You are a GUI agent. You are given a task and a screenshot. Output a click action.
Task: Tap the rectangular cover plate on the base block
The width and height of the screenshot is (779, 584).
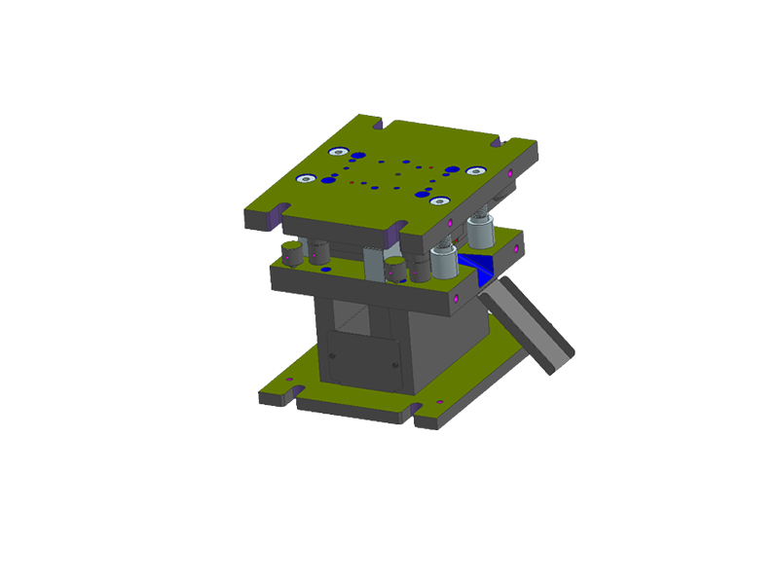pyautogui.click(x=361, y=362)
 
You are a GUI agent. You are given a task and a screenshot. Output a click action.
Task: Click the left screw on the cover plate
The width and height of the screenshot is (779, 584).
pyautogui.click(x=334, y=358)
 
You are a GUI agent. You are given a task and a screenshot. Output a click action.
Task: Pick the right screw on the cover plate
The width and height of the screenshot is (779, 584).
pyautogui.click(x=394, y=365)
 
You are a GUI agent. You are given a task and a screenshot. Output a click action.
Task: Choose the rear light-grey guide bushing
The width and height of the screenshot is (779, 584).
pyautogui.click(x=480, y=233)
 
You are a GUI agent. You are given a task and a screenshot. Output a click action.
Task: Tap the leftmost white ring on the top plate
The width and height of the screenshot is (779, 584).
pyautogui.click(x=308, y=177)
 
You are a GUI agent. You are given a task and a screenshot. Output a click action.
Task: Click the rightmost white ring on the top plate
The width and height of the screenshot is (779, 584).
pyautogui.click(x=475, y=170)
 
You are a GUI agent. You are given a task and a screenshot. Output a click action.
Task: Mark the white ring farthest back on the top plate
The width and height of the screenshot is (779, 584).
pyautogui.click(x=339, y=151)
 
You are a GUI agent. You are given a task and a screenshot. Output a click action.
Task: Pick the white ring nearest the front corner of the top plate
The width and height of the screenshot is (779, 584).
pyautogui.click(x=439, y=201)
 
